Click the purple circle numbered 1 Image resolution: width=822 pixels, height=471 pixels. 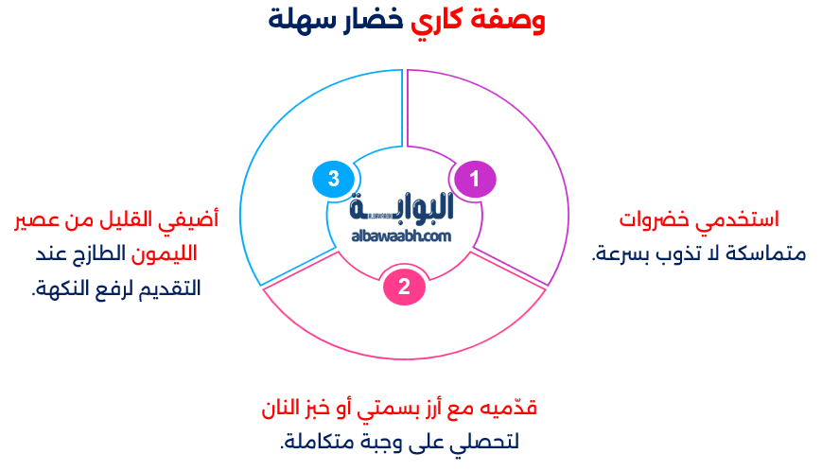tap(475, 179)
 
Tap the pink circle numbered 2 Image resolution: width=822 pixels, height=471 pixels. tap(404, 287)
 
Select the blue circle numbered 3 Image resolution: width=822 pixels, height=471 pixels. tap(333, 179)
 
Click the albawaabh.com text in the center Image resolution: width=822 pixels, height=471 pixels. tap(401, 236)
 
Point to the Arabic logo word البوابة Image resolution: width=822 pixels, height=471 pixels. tap(401, 207)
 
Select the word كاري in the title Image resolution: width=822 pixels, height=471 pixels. tap(436, 21)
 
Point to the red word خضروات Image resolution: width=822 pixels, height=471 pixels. tap(655, 219)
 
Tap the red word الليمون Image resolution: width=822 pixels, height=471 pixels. tap(164, 254)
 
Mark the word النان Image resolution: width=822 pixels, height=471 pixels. tap(281, 409)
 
